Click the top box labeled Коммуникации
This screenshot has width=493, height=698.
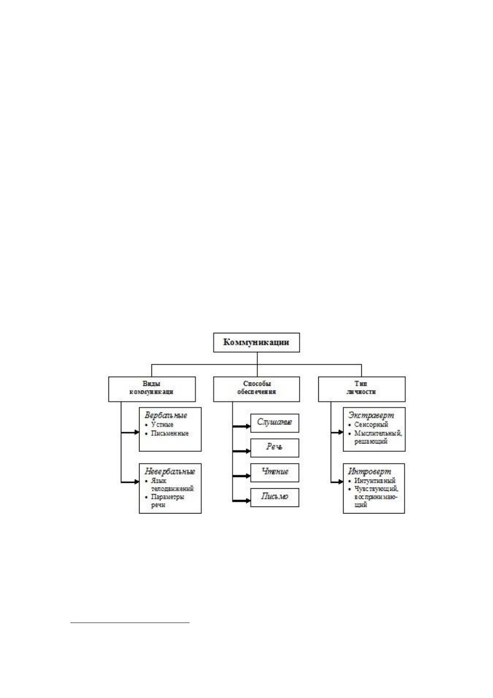point(257,342)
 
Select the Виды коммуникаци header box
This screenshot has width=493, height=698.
point(152,389)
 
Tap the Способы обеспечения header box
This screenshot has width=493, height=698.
point(257,389)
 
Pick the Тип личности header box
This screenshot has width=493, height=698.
point(362,389)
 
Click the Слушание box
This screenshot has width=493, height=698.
point(274,423)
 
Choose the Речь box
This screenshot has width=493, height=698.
point(274,448)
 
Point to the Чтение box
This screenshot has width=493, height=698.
point(274,473)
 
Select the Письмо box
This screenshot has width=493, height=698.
point(274,497)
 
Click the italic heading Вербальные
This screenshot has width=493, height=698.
point(166,415)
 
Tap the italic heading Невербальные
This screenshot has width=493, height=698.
point(170,471)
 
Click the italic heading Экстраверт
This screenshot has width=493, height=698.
point(371,415)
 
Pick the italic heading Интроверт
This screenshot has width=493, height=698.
point(370,471)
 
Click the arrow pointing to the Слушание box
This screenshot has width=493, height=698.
point(241,426)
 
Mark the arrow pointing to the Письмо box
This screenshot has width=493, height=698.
point(241,501)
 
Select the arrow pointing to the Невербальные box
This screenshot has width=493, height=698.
point(130,482)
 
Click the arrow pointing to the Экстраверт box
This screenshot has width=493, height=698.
point(337,432)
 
